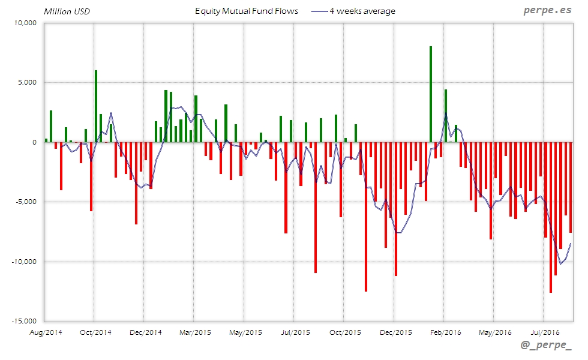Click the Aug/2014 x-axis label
pos(46,331)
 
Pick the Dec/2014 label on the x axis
pos(145,331)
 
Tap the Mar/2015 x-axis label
pos(194,331)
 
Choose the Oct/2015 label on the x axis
pos(344,331)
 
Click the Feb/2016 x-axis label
pos(445,331)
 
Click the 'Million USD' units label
pos(67,11)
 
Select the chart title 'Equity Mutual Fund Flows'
pos(247,11)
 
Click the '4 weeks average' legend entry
pos(362,11)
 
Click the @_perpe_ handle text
pos(546,346)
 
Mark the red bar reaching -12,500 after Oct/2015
pos(366,217)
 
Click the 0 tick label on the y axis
pos(35,142)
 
